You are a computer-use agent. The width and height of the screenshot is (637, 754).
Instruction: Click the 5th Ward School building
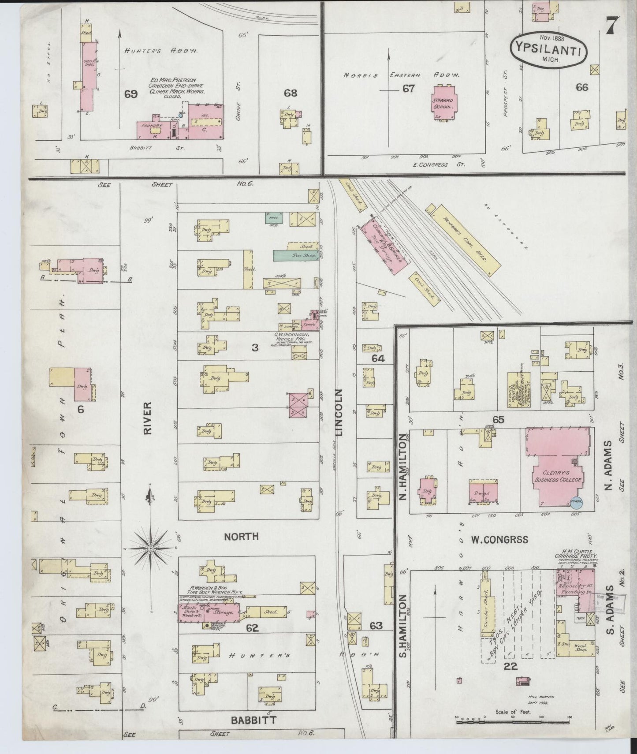pos(444,103)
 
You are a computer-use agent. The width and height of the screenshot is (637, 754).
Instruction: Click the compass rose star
pos(151,548)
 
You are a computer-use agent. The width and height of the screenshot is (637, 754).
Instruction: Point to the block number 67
pos(408,89)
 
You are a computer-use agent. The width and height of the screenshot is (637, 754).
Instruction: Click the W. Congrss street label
pos(499,540)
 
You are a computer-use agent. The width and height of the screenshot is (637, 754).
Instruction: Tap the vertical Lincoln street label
pos(339,412)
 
